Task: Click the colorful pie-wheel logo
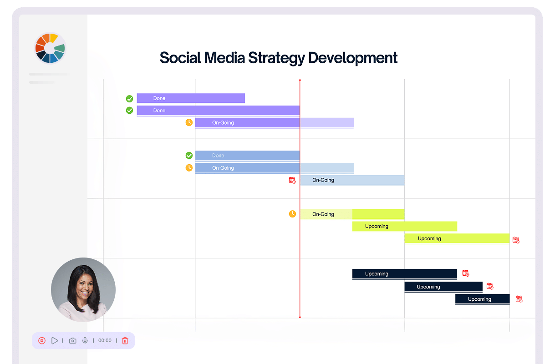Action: coord(50,48)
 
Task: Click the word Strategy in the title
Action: coord(276,58)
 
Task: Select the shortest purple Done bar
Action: coord(191,98)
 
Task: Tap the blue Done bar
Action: coord(247,156)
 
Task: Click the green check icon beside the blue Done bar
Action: coord(189,156)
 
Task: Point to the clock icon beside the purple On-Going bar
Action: coord(189,122)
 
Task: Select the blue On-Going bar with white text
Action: coord(274,168)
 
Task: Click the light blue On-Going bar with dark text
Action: coord(352,180)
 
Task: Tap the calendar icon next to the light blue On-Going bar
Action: coord(292,180)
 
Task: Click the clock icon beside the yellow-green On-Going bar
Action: coord(292,214)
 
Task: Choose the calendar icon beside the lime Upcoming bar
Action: coord(516,240)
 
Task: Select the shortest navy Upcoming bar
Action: coord(483,299)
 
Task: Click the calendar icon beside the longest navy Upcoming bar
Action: coord(465,273)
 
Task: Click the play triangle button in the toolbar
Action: coord(55,340)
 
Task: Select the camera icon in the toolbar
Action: coord(73,340)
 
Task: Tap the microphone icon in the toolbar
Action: coord(85,340)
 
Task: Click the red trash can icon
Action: coord(125,340)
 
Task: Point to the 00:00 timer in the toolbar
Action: coord(105,340)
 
